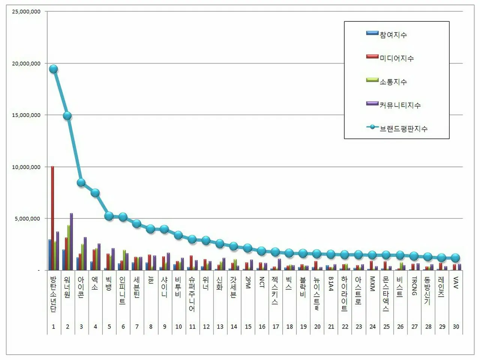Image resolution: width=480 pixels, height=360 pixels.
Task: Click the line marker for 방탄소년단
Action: click(53, 69)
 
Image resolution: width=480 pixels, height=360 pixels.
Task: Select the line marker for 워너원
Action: click(67, 116)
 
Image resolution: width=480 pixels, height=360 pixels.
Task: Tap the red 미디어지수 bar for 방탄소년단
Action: click(52, 217)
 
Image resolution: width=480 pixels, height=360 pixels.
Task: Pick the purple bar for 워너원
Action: click(71, 241)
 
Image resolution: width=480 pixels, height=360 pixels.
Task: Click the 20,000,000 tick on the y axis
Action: click(26, 64)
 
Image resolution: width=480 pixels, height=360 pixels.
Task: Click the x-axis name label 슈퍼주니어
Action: click(192, 294)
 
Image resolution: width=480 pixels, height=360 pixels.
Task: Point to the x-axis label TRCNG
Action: click(414, 286)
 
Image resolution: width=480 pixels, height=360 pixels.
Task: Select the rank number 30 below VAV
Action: click(456, 327)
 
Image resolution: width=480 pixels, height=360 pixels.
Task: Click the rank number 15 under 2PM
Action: click(248, 327)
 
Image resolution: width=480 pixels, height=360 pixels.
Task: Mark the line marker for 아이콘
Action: click(81, 183)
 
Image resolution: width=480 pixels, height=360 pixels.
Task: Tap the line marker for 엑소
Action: click(95, 193)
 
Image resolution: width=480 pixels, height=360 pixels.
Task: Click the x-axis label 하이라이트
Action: click(345, 294)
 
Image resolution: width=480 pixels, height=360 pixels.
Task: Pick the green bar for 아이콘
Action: click(82, 257)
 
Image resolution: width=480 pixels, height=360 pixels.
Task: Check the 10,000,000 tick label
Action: click(26, 167)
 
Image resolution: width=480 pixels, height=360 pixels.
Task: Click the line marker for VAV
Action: click(456, 258)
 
